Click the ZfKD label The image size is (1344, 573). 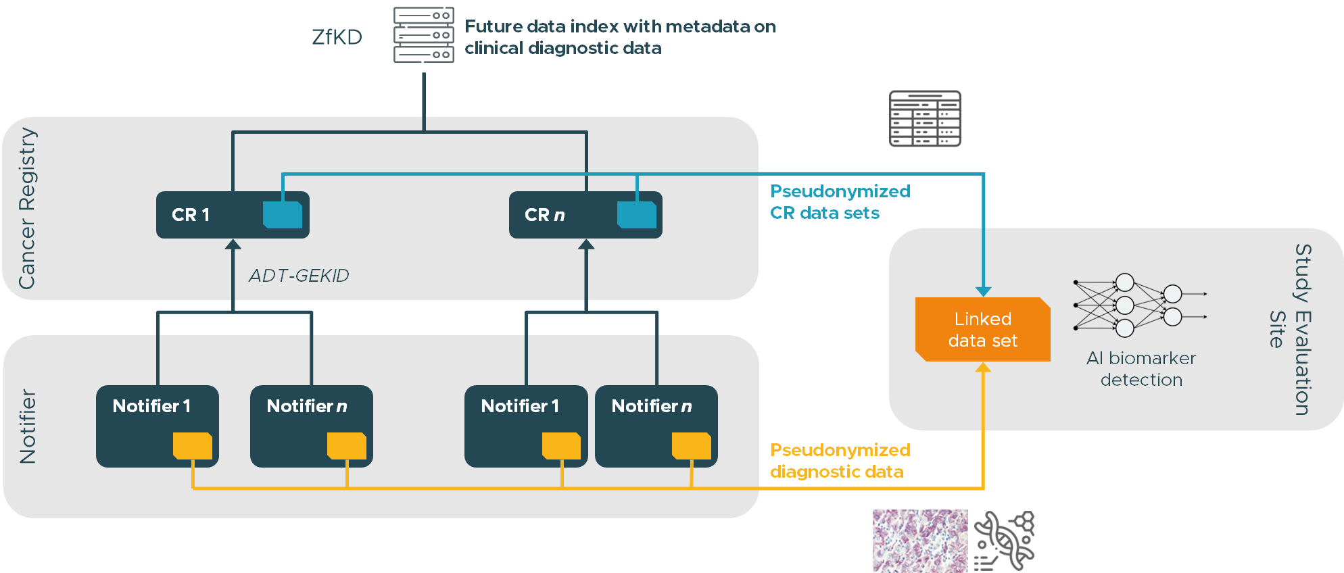pyautogui.click(x=337, y=36)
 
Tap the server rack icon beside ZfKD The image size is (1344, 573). pyautogui.click(x=424, y=34)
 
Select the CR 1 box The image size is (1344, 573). pyautogui.click(x=233, y=215)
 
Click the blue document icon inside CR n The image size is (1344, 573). pyautogui.click(x=637, y=215)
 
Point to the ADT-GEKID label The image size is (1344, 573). pyautogui.click(x=299, y=276)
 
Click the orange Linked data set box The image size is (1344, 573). pyautogui.click(x=983, y=330)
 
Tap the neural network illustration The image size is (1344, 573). pyautogui.click(x=1140, y=305)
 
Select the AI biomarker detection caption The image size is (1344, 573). pyautogui.click(x=1141, y=369)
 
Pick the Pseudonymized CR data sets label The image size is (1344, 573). pyautogui.click(x=840, y=202)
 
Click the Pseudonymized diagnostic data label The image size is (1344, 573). pyautogui.click(x=840, y=461)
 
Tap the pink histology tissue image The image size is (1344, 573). pyautogui.click(x=920, y=541)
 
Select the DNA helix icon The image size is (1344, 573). pyautogui.click(x=1005, y=541)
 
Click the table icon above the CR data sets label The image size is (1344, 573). pyautogui.click(x=925, y=119)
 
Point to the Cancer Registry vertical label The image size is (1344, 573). pyautogui.click(x=27, y=208)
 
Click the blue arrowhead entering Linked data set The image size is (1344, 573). pyautogui.click(x=984, y=291)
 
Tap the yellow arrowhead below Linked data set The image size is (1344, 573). pyautogui.click(x=984, y=367)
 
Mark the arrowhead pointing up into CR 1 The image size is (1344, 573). pyautogui.click(x=233, y=244)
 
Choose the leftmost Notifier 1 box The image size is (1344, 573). pyautogui.click(x=158, y=426)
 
